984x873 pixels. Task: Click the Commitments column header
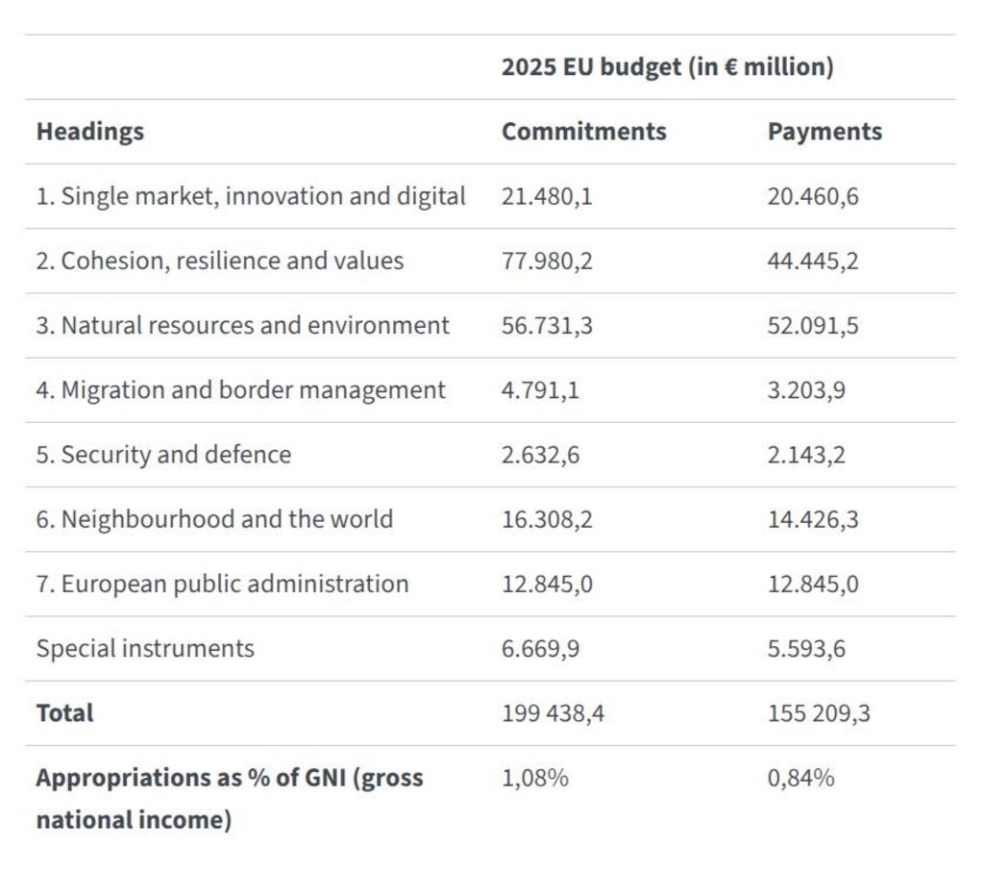click(583, 132)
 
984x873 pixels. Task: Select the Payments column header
click(824, 132)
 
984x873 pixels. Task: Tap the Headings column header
click(90, 132)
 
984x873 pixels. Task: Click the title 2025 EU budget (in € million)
click(667, 68)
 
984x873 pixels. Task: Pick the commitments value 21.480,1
click(547, 197)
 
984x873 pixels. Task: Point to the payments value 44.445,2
click(813, 262)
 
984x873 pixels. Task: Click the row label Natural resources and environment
click(243, 326)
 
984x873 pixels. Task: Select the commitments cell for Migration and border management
click(540, 390)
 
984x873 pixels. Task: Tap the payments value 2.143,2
click(806, 455)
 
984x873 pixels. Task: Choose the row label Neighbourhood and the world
click(214, 519)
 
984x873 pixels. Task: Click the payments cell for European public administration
click(813, 584)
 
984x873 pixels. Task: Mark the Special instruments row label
click(145, 649)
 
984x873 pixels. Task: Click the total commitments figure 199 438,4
click(553, 713)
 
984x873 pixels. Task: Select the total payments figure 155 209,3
click(819, 713)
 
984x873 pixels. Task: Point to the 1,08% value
click(534, 778)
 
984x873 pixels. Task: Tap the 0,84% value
click(800, 778)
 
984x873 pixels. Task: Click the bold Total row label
click(64, 713)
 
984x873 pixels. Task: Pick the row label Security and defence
click(163, 455)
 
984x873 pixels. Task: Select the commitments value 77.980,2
click(547, 262)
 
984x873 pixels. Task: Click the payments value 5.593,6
click(806, 649)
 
